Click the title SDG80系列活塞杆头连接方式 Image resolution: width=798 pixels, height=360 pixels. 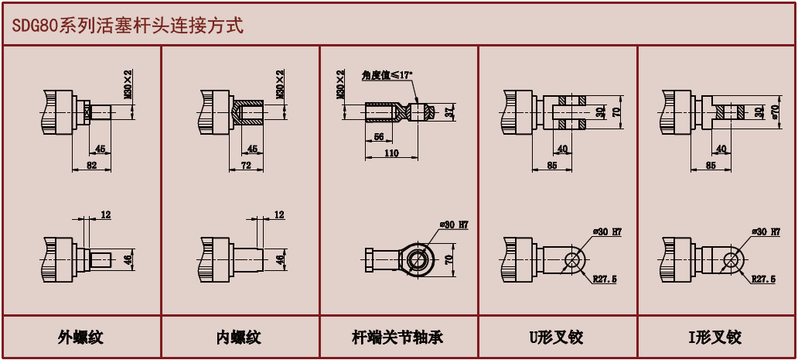(128, 26)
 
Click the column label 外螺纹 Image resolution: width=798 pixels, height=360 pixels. (80, 338)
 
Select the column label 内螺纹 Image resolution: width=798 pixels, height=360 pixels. (239, 338)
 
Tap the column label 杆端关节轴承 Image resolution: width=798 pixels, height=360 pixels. (397, 338)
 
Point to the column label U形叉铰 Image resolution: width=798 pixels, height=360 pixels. (556, 338)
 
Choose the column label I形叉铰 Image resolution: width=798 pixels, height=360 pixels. (714, 338)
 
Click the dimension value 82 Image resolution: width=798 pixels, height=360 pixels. (91, 166)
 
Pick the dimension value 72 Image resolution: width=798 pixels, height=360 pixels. (247, 166)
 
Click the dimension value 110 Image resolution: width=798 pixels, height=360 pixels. (390, 153)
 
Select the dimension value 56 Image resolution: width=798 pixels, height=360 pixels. (379, 136)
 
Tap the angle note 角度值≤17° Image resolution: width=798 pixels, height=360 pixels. (387, 75)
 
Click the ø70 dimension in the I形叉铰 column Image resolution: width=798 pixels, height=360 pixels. (774, 112)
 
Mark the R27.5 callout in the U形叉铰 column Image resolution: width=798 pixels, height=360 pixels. (605, 279)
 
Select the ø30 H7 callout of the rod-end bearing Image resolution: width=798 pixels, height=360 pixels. (455, 225)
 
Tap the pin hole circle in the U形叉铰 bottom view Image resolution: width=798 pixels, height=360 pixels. (574, 259)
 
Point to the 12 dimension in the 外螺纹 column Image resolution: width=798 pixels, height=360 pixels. (106, 214)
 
